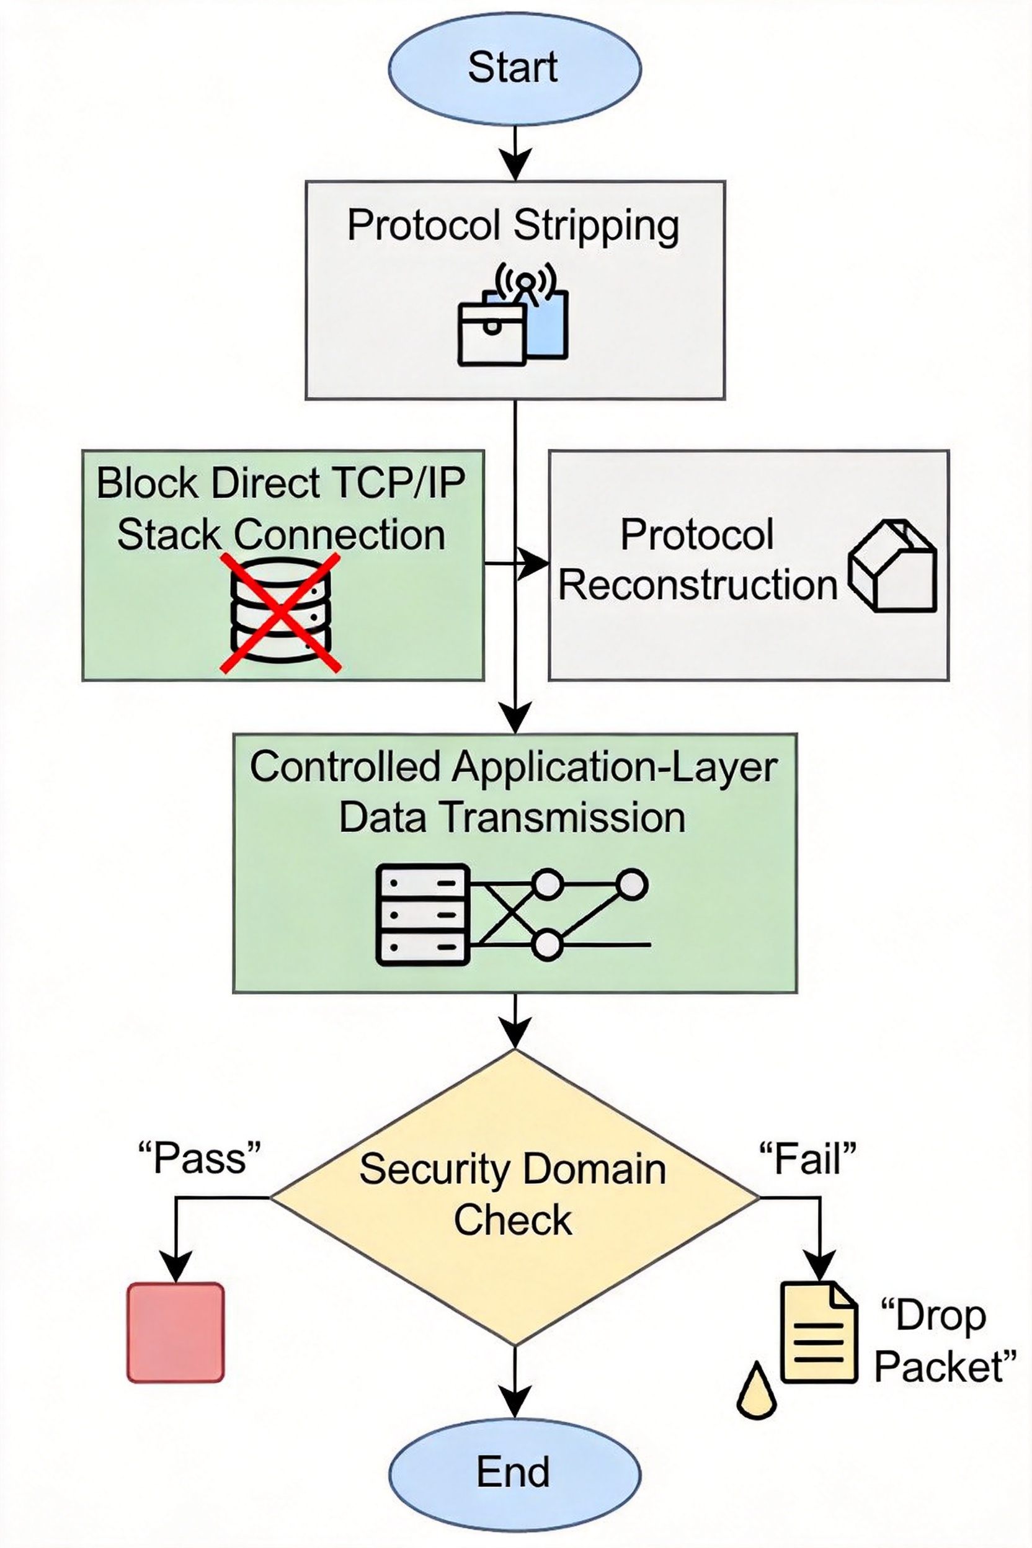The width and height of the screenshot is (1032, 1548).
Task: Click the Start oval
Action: (514, 68)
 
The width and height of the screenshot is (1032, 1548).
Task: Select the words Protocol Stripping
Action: (514, 226)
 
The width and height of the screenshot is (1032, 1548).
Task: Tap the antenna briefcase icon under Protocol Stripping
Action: (513, 314)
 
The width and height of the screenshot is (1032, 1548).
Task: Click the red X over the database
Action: (280, 612)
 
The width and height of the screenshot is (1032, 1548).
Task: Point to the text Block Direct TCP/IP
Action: (281, 483)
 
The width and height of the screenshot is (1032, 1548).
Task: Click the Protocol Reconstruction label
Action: (698, 559)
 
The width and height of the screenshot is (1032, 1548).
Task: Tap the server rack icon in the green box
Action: (422, 915)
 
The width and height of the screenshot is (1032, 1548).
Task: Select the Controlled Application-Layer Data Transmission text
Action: (514, 792)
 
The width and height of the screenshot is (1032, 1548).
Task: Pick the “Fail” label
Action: (807, 1159)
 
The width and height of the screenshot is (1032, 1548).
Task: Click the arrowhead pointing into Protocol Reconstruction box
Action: (533, 563)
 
